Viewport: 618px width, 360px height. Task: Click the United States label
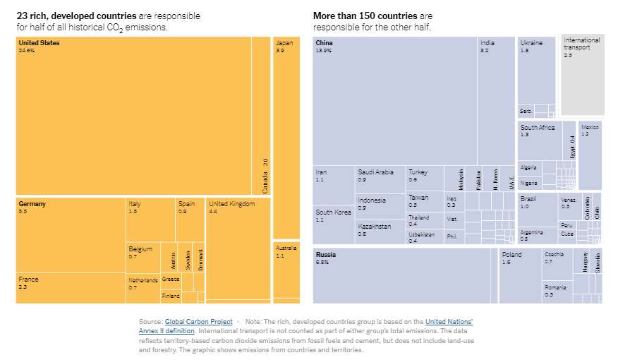tap(40, 43)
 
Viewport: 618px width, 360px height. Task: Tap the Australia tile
tap(286, 272)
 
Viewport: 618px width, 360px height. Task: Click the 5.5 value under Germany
tap(23, 212)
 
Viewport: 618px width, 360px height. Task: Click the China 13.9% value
tap(324, 51)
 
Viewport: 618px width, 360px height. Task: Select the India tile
tap(495, 99)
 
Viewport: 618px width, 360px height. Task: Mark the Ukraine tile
tap(535, 71)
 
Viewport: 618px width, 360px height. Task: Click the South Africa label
tap(538, 128)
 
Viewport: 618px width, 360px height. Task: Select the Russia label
tap(326, 254)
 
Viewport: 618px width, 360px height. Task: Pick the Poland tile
tap(519, 275)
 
